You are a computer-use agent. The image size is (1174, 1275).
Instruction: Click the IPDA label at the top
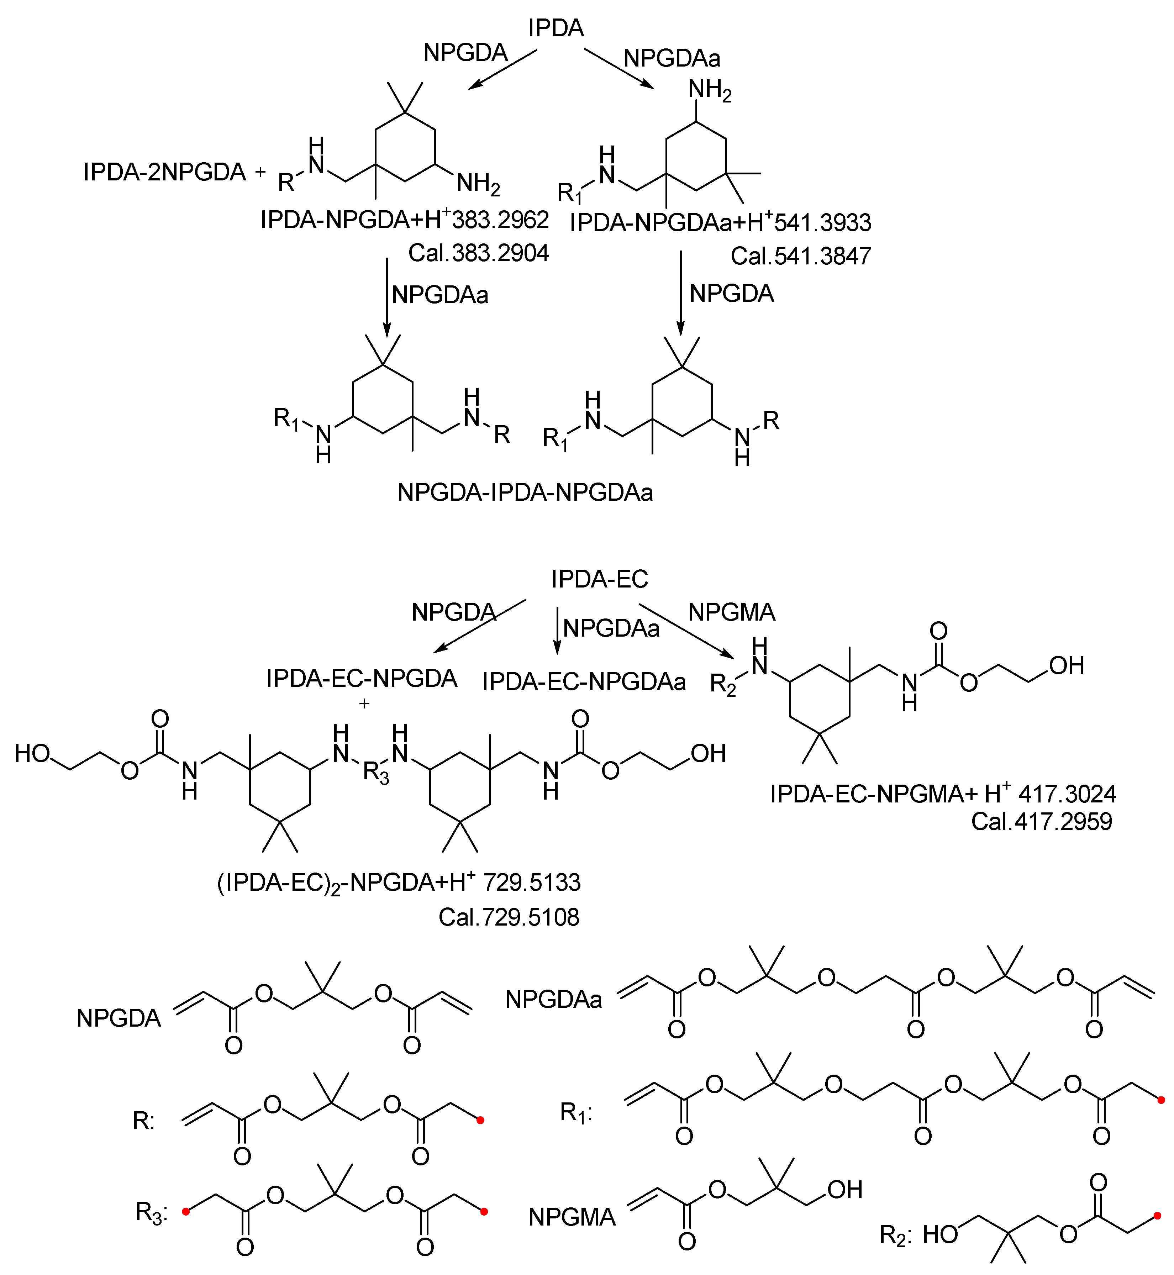pos(556,28)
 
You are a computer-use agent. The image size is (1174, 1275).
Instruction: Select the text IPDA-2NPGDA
pos(164,172)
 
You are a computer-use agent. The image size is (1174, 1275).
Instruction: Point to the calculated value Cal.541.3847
pos(800,256)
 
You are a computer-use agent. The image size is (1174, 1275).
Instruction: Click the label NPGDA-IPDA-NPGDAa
pos(525,492)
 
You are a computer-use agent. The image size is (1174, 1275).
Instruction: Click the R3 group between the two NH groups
pos(375,773)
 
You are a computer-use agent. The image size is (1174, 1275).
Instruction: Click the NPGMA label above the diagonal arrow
pos(732,612)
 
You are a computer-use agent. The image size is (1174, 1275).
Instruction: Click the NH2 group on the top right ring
pos(710,90)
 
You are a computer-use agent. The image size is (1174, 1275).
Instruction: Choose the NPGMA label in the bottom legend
pos(572,1217)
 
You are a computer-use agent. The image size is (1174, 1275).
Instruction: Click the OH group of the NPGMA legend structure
pos(845,1190)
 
